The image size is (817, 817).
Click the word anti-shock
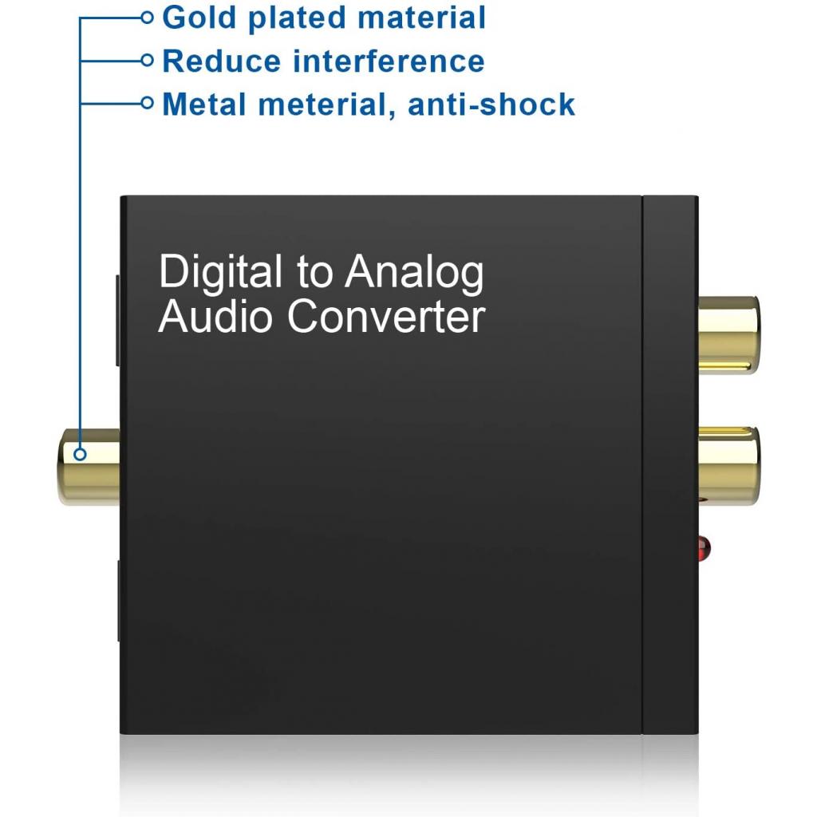[x=491, y=105]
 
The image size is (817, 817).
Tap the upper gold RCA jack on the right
[x=728, y=336]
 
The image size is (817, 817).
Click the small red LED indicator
[x=702, y=548]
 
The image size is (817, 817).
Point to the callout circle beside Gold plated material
[x=147, y=18]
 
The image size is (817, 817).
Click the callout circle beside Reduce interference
[x=147, y=61]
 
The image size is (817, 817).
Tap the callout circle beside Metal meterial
[x=147, y=103]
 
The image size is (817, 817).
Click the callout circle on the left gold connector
[x=80, y=455]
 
